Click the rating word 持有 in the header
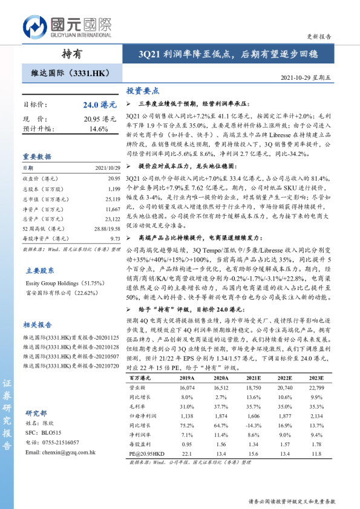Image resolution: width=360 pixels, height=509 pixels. [72, 54]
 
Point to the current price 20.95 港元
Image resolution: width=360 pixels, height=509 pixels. [100, 119]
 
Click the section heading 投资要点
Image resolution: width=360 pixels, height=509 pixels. [142, 91]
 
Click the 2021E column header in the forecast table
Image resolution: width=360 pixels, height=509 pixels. [254, 377]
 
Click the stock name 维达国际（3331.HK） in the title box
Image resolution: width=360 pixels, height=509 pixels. [70, 73]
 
